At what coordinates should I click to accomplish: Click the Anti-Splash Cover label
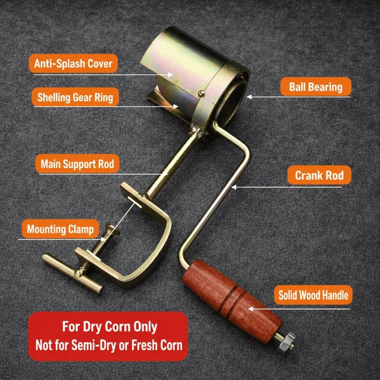[73, 64]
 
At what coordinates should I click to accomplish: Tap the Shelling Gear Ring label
[75, 97]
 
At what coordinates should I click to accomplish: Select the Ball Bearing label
[315, 87]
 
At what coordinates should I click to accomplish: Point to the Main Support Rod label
[77, 164]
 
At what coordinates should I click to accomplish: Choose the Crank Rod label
[319, 175]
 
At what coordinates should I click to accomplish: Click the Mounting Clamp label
[60, 229]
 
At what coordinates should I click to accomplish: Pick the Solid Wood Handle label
[313, 295]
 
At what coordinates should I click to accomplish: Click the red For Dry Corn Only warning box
[108, 336]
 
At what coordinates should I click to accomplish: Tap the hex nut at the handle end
[287, 342]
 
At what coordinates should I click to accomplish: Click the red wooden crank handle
[232, 301]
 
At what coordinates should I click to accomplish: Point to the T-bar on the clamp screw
[72, 274]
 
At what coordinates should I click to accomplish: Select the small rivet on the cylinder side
[201, 93]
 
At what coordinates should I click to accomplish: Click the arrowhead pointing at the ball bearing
[249, 97]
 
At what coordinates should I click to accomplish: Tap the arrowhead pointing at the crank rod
[234, 187]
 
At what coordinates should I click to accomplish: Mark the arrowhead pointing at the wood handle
[251, 309]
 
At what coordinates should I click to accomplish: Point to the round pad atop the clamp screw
[113, 229]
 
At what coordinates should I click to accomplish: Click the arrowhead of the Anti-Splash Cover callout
[171, 75]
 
